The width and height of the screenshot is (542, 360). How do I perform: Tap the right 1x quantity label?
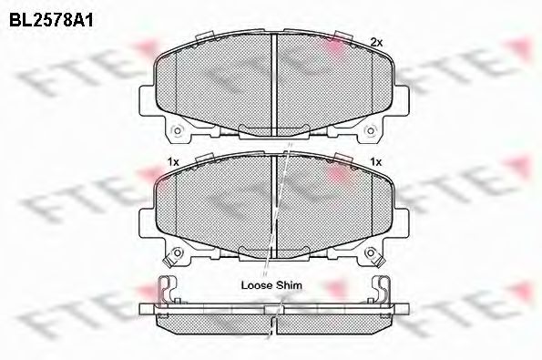click(374, 161)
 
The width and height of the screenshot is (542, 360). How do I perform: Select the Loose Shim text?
click(271, 284)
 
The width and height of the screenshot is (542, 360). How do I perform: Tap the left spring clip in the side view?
click(167, 290)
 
